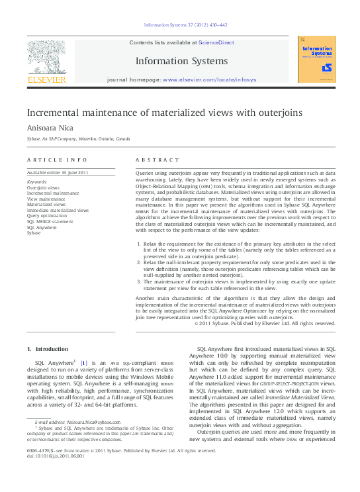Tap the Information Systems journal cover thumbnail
(x=316, y=59)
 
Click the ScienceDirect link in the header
(x=216, y=42)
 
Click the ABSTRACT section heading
(x=157, y=160)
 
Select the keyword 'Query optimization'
(x=47, y=216)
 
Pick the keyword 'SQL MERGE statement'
(x=51, y=222)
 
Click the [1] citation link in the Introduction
(x=84, y=363)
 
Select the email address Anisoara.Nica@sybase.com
(x=93, y=421)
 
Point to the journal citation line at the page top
(x=185, y=25)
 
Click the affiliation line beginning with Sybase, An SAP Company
(x=79, y=140)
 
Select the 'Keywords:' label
(x=37, y=181)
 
